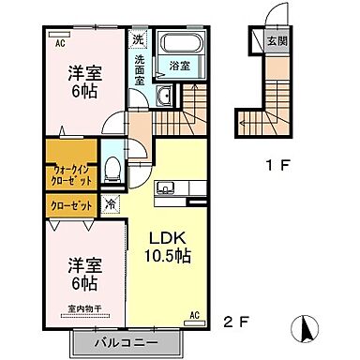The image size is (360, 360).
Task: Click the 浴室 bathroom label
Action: tap(179, 66)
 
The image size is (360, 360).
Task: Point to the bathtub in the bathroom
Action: tap(178, 43)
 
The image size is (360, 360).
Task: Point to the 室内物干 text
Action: tap(82, 307)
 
